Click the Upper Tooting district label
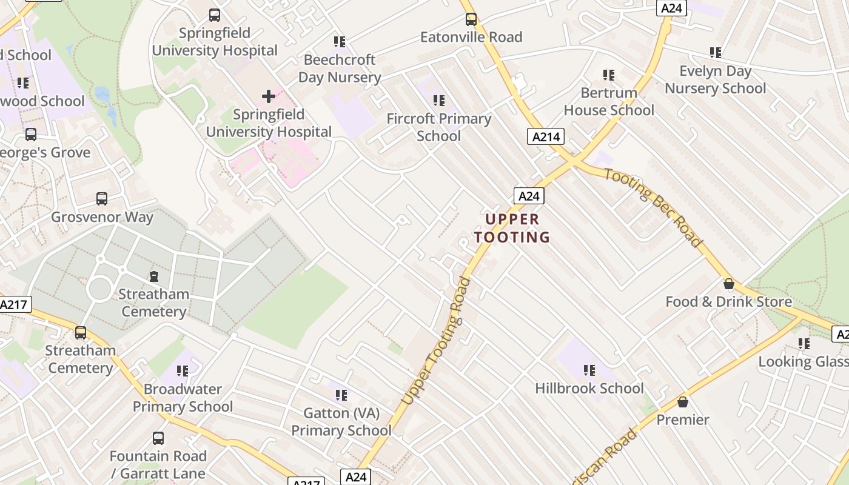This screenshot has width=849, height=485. [512, 228]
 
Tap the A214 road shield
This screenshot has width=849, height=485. [545, 136]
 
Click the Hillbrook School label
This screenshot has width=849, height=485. [589, 388]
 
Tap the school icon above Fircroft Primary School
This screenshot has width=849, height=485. [439, 100]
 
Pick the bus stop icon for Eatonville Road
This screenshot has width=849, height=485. [471, 19]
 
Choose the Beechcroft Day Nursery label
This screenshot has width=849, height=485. [340, 69]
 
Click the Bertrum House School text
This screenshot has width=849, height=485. [609, 101]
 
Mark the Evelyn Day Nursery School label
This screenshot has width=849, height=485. [716, 79]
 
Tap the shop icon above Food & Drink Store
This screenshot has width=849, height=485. [729, 284]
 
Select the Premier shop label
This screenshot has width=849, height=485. [683, 420]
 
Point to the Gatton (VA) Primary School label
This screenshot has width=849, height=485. [341, 422]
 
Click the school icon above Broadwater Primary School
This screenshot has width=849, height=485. [183, 370]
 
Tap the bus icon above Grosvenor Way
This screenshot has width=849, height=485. [102, 198]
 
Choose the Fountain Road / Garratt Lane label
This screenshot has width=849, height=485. [159, 464]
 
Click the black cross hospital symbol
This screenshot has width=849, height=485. [269, 96]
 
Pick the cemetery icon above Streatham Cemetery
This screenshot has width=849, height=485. [154, 276]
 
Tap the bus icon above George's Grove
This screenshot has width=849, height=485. [31, 134]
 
